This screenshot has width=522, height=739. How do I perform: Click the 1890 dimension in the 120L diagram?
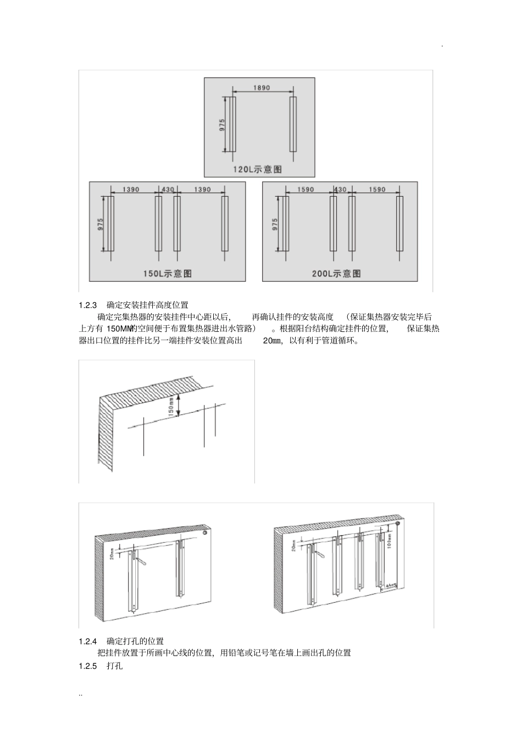coord(262,87)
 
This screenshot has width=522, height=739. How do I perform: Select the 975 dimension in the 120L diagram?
coord(222,124)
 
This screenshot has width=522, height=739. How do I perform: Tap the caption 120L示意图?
coord(257,169)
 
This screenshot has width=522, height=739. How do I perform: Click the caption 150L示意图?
coord(168,273)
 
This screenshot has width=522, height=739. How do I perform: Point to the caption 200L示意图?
coord(336,273)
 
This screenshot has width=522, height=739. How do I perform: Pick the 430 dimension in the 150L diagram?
coord(168,190)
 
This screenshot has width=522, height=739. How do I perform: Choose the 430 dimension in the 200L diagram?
coord(340,190)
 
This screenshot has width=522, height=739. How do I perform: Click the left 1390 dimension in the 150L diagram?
coord(131,190)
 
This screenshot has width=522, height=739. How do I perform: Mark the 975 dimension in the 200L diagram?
coord(275,224)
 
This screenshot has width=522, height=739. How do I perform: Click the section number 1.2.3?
coord(88,304)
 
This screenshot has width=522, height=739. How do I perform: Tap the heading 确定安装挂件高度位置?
coord(147,304)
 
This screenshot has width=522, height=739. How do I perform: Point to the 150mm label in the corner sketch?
coord(171,405)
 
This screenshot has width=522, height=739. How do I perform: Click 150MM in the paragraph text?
coord(119,329)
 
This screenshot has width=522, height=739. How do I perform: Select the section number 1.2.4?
coord(88,641)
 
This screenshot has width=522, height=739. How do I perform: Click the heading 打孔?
coord(114,665)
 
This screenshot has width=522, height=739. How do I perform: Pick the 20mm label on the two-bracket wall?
coord(112,554)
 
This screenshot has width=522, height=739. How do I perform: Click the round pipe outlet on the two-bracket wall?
coord(206,532)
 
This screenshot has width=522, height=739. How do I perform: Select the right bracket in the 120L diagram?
coord(293,124)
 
